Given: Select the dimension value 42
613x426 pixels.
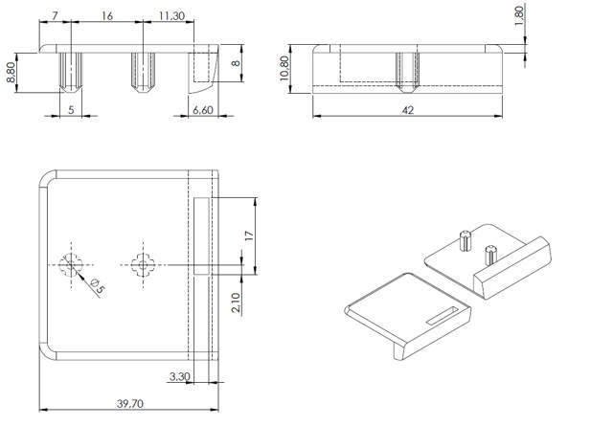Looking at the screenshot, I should (408, 111).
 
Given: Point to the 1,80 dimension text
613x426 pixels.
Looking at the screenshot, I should (518, 17).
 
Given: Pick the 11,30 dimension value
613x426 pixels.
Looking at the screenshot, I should (173, 16).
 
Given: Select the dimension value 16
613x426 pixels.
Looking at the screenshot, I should (105, 16).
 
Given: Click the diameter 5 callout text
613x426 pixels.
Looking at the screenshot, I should (96, 284).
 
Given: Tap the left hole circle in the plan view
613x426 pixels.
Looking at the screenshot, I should (70, 264).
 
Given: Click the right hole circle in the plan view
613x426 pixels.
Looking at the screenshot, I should (143, 264).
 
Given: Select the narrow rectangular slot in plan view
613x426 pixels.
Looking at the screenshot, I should (200, 236).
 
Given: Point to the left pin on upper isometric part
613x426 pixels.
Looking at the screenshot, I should (464, 239).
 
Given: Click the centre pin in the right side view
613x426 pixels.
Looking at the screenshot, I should (405, 69).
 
